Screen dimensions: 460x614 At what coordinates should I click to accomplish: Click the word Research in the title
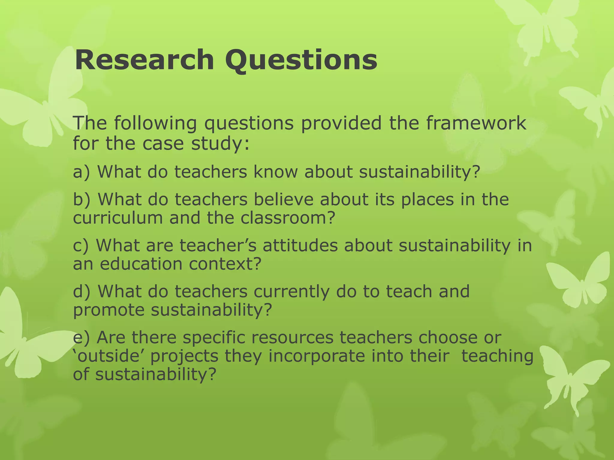(144, 60)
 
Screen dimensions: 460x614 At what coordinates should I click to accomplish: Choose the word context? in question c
(225, 264)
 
